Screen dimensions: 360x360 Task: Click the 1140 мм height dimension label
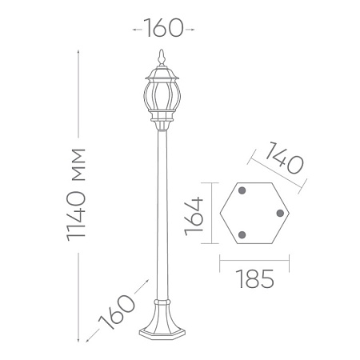click(76, 195)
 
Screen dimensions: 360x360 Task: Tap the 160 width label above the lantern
click(164, 28)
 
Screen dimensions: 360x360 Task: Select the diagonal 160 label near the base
click(117, 312)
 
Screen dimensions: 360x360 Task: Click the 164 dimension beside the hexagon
click(194, 216)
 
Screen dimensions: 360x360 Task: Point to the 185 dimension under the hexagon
click(255, 278)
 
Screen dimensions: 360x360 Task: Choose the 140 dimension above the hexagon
click(284, 158)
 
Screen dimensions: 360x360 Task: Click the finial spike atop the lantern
click(161, 58)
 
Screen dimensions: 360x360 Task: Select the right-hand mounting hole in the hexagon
click(280, 213)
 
